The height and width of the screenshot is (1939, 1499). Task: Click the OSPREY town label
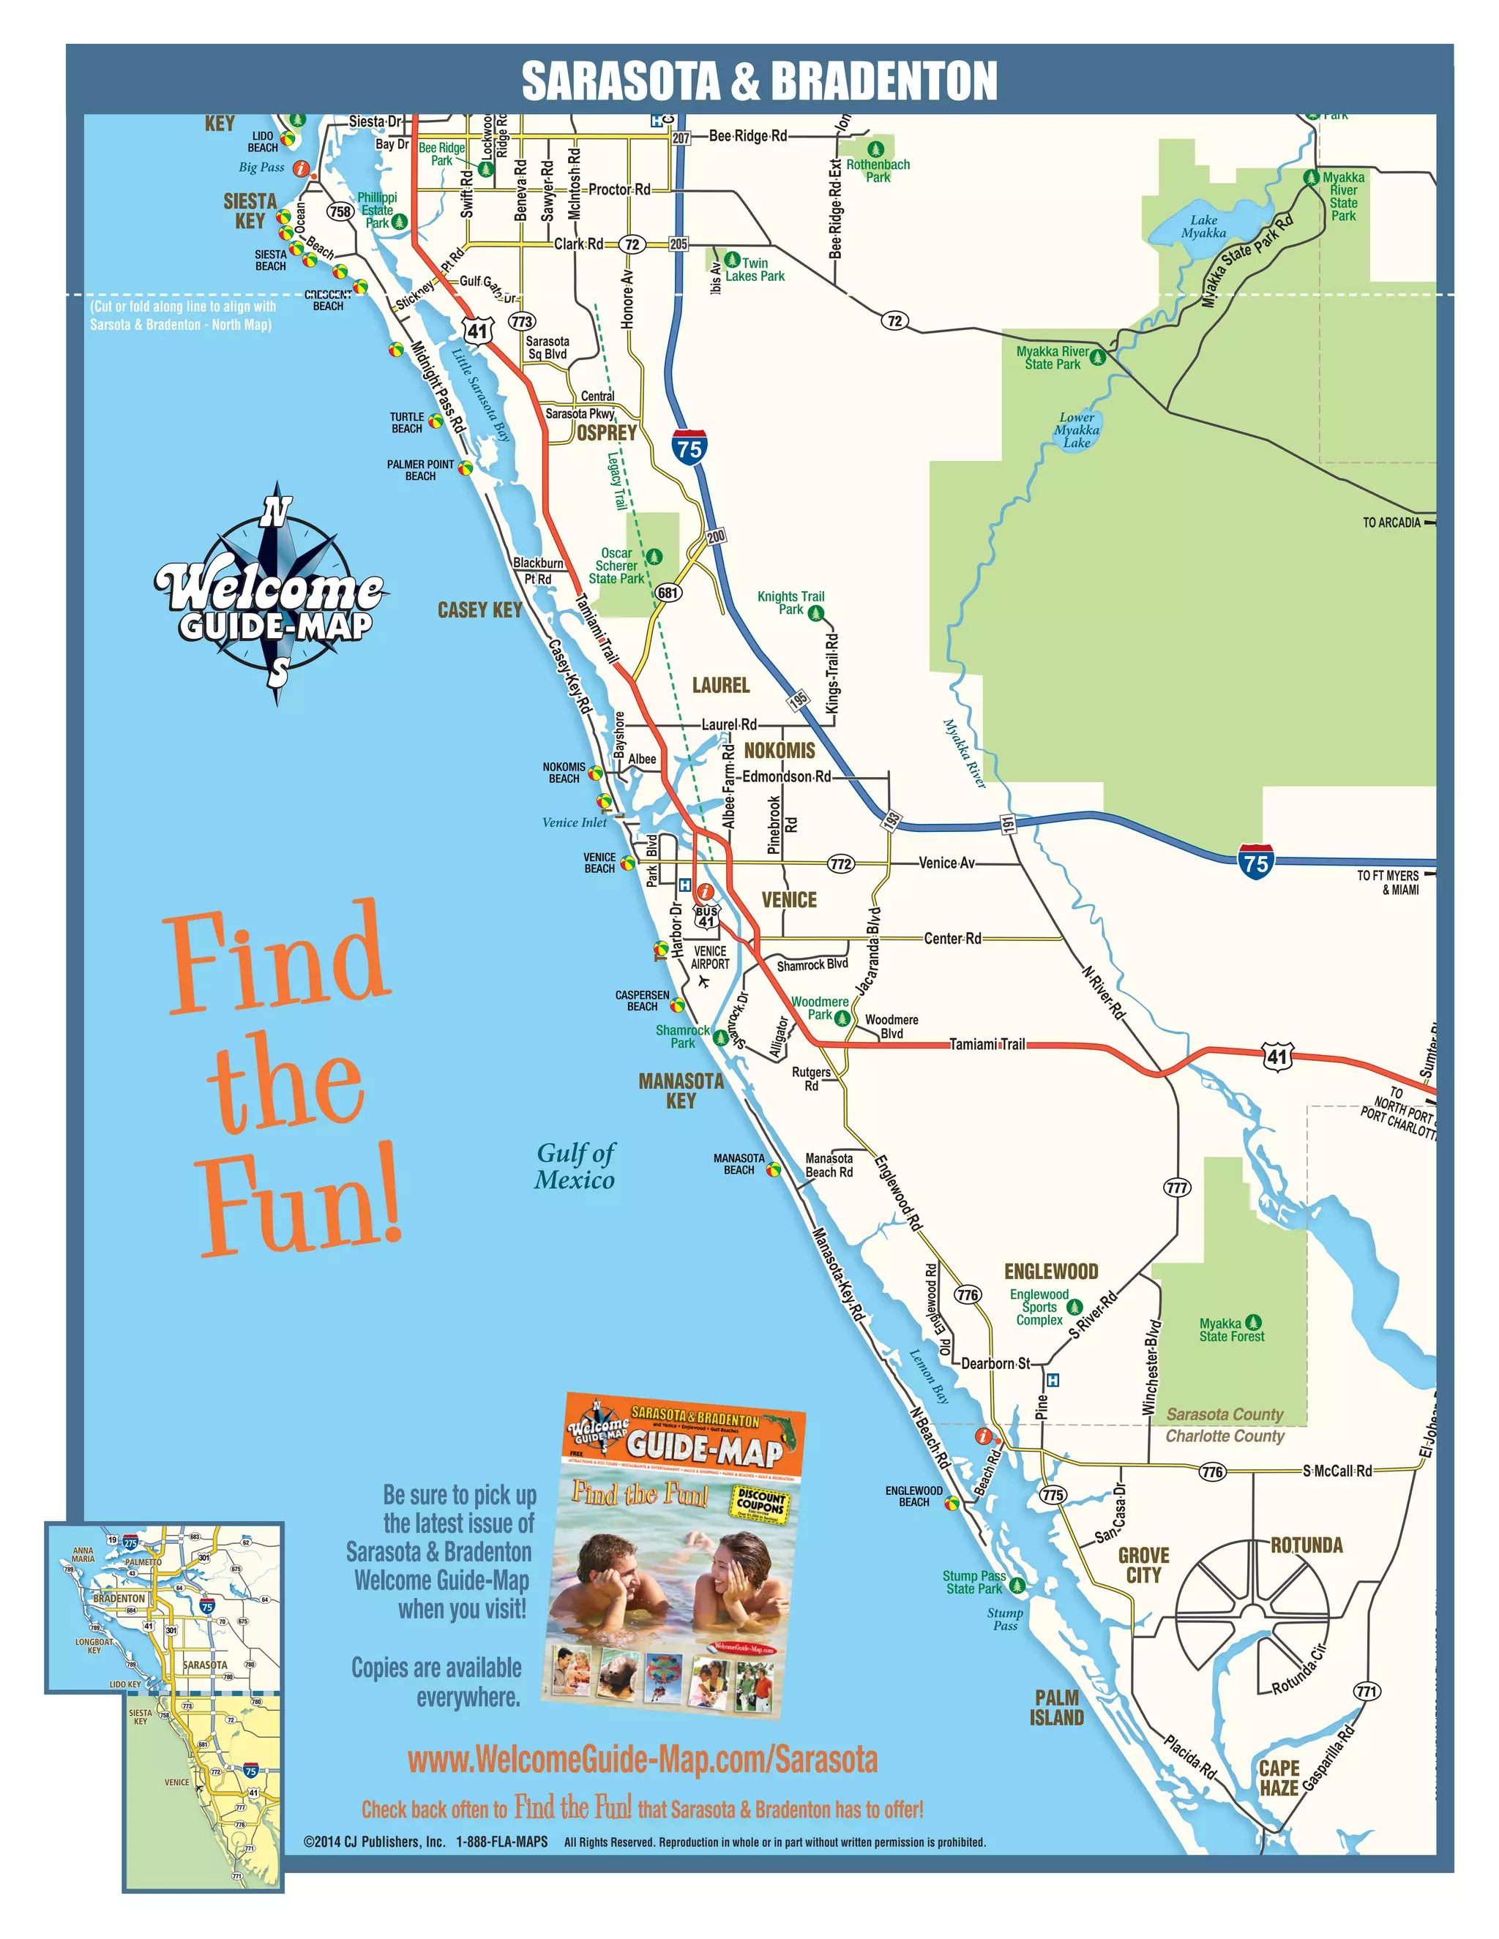607,432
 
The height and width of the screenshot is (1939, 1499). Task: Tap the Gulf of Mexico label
575,1166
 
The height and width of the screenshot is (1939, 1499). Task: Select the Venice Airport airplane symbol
704,981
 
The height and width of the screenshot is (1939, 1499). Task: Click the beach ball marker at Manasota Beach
774,1169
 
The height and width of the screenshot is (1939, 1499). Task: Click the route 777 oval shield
1177,1188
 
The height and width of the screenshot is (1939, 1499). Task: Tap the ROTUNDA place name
1307,1545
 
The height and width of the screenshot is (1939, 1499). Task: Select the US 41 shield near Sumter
1277,1057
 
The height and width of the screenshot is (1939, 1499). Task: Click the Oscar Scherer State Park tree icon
654,557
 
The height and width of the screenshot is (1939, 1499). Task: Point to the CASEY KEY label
479,610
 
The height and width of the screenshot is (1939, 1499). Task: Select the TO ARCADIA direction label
1391,523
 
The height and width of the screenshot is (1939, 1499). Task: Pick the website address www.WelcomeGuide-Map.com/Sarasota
642,1759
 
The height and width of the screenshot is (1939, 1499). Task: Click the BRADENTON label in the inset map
119,1598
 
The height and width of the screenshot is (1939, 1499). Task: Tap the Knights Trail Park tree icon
816,612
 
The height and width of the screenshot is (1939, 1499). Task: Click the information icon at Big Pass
301,168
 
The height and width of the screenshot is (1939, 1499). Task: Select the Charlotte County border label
1225,1436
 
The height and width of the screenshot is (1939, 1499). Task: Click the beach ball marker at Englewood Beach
951,1503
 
